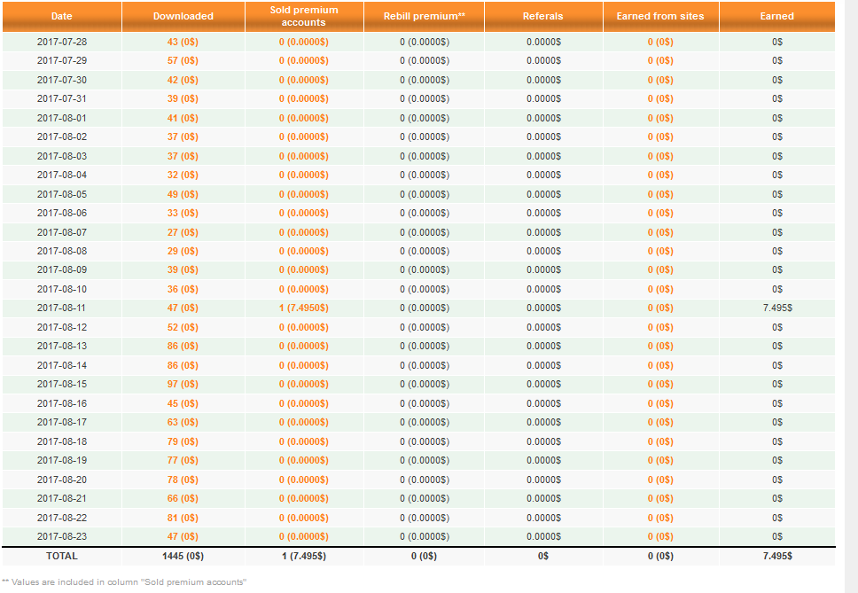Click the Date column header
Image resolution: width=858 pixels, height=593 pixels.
pos(61,16)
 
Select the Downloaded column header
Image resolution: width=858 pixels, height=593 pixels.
pos(183,16)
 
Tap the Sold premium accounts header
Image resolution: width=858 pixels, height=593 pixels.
pos(304,16)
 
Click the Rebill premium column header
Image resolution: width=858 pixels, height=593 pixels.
pos(424,16)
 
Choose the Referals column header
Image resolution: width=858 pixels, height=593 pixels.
pos(543,16)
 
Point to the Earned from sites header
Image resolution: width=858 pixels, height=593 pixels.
pos(659,16)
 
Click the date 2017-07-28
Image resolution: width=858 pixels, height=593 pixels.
pos(61,42)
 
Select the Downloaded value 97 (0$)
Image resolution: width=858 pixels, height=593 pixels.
pos(183,385)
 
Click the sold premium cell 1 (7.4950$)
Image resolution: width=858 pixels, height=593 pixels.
pos(304,308)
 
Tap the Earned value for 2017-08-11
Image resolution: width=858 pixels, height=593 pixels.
pos(776,308)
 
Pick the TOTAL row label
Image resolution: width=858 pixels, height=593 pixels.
pos(61,557)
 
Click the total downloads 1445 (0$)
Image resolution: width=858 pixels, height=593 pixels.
pos(183,557)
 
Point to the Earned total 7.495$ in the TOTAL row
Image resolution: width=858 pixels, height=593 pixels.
pos(776,557)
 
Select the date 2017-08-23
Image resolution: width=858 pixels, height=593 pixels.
pos(61,537)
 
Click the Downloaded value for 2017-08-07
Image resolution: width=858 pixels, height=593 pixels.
pos(183,232)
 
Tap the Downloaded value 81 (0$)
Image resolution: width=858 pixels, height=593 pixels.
pos(183,518)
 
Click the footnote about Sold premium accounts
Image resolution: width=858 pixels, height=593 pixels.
pos(124,582)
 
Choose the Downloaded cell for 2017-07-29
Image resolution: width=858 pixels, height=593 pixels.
pos(183,61)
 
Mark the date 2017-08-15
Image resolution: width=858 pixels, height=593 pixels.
pos(61,385)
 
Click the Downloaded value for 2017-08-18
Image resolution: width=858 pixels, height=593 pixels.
pos(183,441)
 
